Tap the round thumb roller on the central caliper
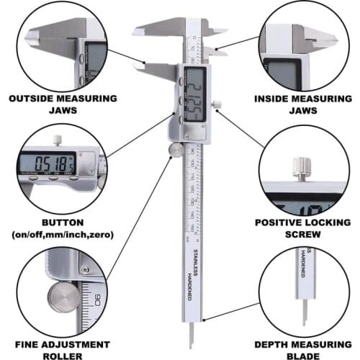[x=175, y=149]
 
